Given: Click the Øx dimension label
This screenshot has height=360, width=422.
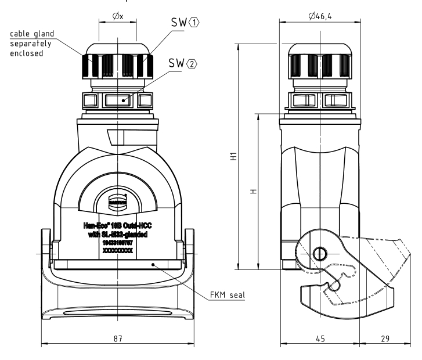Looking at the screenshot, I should click(118, 16).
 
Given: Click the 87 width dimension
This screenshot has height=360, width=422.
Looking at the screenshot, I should click(118, 337).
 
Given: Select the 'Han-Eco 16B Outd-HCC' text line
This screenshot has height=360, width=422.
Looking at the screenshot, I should click(118, 226).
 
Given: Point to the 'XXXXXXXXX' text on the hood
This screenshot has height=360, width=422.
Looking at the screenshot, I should click(118, 252).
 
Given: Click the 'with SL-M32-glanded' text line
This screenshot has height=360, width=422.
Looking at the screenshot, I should click(118, 235).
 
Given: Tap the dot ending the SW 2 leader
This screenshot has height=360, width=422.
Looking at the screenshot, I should click(123, 100).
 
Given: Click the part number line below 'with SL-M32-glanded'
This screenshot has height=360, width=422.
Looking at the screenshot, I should click(118, 244).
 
